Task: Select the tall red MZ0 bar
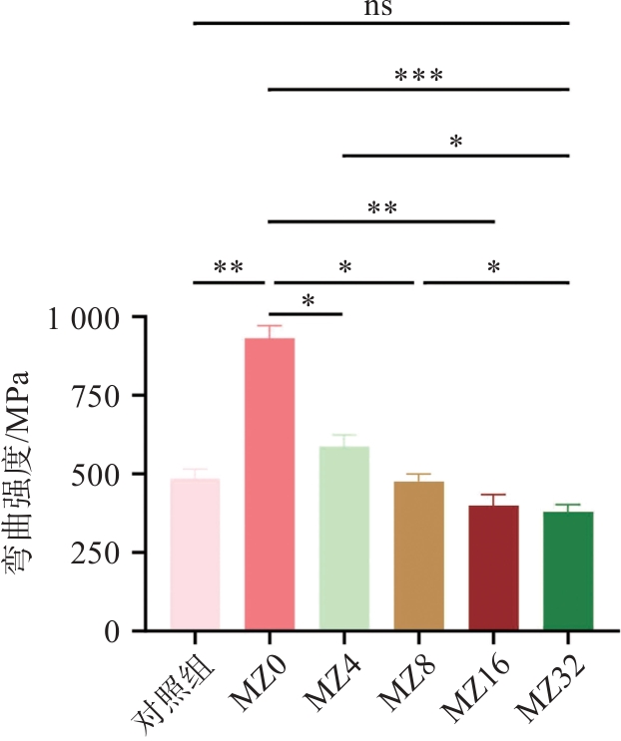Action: [270, 485]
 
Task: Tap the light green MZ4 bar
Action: [344, 539]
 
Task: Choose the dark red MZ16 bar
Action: [493, 567]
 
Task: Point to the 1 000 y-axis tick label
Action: [83, 318]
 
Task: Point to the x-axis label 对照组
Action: [165, 688]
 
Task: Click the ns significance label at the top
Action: [380, 9]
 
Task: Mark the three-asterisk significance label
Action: [418, 76]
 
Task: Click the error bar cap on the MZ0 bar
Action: [270, 326]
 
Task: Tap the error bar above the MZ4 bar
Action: [344, 439]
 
